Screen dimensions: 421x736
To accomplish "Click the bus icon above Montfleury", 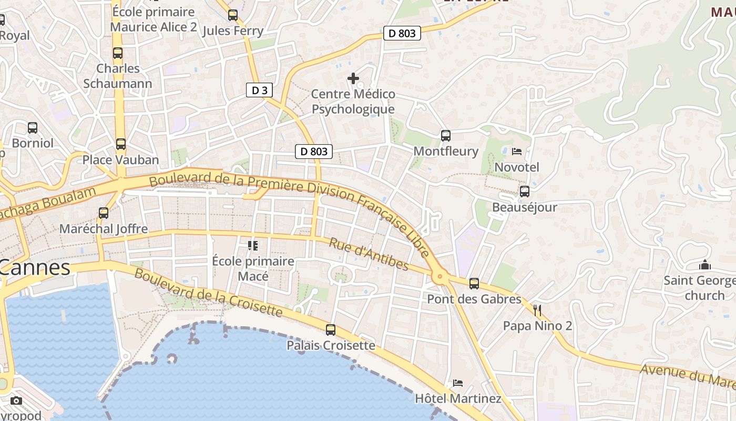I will tap(446, 136).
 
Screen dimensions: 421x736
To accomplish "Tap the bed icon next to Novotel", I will tap(517, 152).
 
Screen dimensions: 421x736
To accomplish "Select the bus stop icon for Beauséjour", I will tap(524, 192).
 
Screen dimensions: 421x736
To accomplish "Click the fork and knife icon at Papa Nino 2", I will tap(537, 310).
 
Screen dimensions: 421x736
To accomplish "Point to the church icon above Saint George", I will tap(705, 265).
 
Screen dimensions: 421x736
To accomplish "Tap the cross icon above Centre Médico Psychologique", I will tap(353, 79).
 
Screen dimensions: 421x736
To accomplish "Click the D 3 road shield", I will tap(259, 90).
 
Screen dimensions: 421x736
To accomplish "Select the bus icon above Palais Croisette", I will tap(331, 330).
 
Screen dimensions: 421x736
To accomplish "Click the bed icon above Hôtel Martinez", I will tap(458, 383).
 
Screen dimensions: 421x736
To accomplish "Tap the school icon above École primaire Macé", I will tap(253, 245).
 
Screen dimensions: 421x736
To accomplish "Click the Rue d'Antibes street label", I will tap(369, 254).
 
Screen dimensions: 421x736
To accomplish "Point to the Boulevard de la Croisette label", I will tap(208, 292).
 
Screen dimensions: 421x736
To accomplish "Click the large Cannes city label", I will tap(35, 267).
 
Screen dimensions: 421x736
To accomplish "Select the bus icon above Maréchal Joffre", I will tap(104, 213).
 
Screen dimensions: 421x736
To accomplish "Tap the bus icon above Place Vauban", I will tap(121, 144).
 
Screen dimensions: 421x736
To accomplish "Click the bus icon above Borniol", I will tap(33, 128).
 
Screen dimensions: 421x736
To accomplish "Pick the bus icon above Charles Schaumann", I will tap(118, 53).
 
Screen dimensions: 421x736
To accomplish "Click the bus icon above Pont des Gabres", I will tap(474, 284).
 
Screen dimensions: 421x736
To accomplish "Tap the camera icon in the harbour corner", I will tap(16, 400).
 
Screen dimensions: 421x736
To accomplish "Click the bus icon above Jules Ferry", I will tap(233, 15).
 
